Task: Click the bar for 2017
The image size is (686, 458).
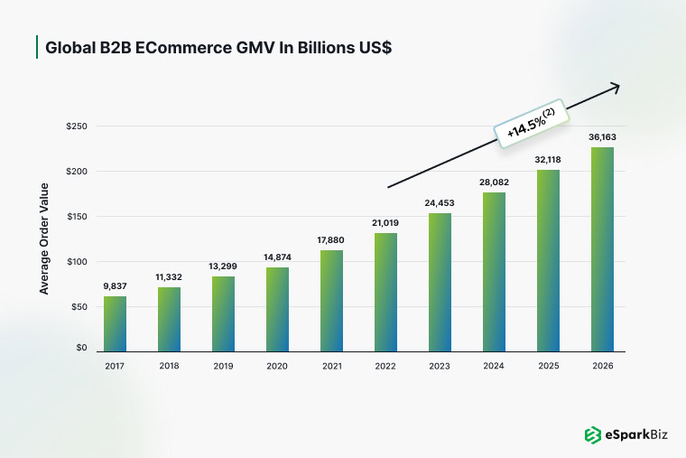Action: pos(115,323)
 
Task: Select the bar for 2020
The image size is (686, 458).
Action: pos(277,309)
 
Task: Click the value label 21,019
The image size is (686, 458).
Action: pos(385,222)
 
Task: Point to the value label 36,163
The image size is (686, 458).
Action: pos(602,136)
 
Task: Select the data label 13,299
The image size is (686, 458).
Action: pos(223,266)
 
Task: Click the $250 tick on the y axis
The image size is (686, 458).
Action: pos(76,126)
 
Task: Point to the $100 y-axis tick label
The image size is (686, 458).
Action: pos(76,262)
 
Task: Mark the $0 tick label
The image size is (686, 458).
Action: pos(81,348)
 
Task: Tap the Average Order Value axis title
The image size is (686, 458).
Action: pos(44,238)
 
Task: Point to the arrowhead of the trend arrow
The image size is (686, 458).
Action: pos(616,86)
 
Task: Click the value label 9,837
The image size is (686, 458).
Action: pos(115,285)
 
